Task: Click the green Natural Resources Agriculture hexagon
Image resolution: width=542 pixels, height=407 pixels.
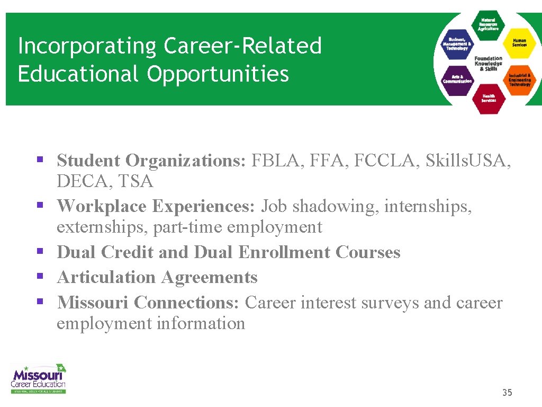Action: pos(488,24)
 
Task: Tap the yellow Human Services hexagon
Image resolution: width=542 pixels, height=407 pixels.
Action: pos(519,42)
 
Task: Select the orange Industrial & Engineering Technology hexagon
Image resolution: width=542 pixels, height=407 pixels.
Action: pos(519,79)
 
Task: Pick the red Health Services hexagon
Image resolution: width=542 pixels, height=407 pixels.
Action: pos(488,98)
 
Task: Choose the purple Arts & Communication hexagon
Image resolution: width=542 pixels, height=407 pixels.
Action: pos(457,79)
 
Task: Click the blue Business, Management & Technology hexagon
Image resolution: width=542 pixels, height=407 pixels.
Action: pos(457,43)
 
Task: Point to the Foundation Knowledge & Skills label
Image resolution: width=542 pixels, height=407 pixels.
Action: pos(488,63)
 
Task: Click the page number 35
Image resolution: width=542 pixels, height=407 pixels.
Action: pos(507,393)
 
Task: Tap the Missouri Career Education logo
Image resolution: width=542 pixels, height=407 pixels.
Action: pos(39,378)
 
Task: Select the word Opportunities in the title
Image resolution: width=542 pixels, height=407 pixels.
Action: pos(218,74)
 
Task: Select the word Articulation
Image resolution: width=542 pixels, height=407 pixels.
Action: pos(106,277)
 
